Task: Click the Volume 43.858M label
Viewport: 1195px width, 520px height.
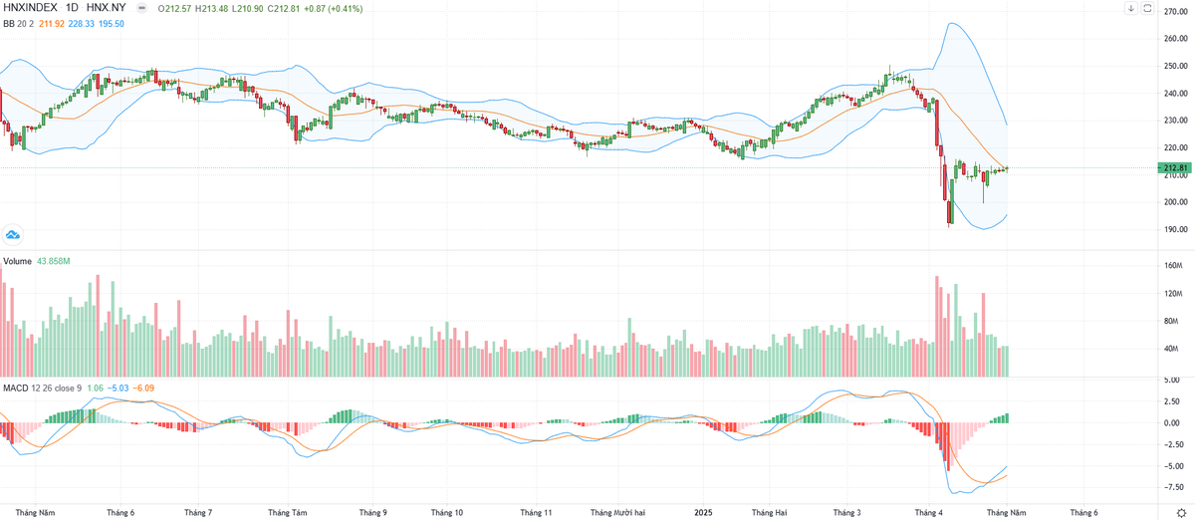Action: (36, 261)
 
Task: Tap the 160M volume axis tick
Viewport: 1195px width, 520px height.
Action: (1171, 266)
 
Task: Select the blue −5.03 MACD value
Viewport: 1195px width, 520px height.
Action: (119, 387)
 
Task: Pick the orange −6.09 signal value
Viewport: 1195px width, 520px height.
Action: (144, 387)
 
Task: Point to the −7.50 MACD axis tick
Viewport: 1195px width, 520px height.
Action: (1171, 488)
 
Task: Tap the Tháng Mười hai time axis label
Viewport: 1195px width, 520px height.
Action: (624, 512)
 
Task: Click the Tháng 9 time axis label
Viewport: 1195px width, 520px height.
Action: (372, 512)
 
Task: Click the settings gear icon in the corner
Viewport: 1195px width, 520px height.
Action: (1180, 512)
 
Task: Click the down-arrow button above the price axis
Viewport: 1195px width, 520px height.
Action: (1159, 9)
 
